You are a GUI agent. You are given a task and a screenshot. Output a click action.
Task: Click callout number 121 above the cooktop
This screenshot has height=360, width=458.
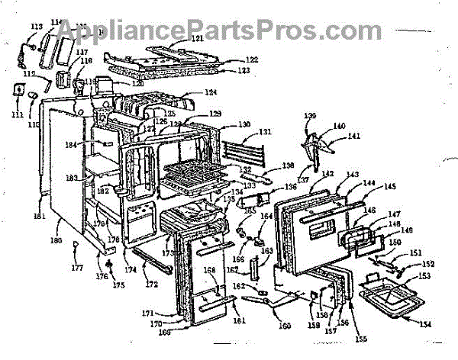click(x=176, y=39)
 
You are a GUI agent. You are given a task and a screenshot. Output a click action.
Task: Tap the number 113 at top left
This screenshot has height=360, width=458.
click(x=36, y=26)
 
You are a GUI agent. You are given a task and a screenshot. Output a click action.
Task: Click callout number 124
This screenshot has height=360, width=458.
click(x=210, y=93)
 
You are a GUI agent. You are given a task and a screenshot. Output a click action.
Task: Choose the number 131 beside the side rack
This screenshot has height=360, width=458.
click(x=264, y=132)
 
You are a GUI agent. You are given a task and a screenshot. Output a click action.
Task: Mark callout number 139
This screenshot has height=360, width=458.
click(x=310, y=117)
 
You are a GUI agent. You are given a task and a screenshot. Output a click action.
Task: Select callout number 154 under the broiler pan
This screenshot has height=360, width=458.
click(x=424, y=325)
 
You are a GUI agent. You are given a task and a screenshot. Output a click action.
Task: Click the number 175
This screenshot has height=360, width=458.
click(x=118, y=285)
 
